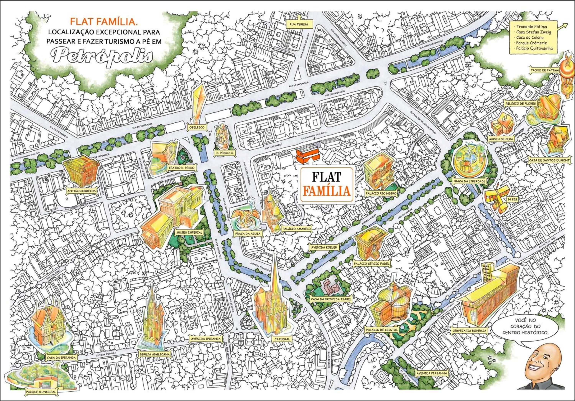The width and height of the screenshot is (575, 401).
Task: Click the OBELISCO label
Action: (x=197, y=127)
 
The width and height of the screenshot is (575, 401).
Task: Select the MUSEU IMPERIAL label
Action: (x=189, y=232)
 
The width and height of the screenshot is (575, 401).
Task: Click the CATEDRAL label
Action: (x=282, y=339)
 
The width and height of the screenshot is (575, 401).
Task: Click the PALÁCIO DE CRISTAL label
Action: (x=382, y=330)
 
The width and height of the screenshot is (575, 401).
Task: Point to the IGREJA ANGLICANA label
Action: (x=154, y=354)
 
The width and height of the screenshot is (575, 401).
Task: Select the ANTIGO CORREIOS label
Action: (x=82, y=191)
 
